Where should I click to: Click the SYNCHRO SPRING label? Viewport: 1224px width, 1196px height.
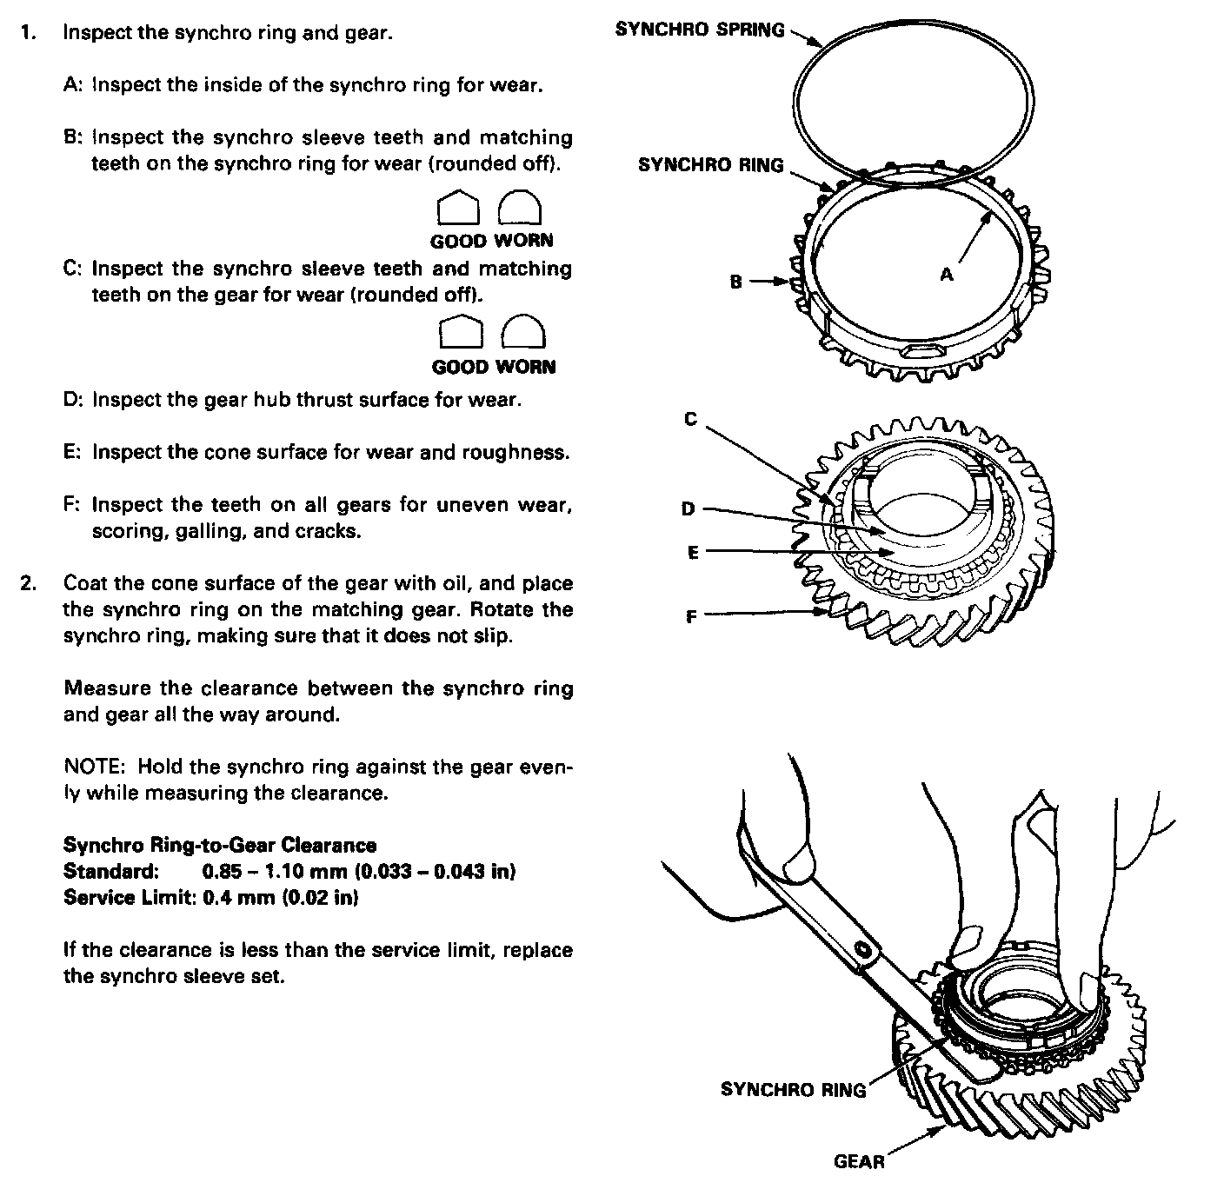click(x=699, y=29)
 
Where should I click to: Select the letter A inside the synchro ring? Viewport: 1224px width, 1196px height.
click(x=947, y=274)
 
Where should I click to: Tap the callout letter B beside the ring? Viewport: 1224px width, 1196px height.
click(x=736, y=282)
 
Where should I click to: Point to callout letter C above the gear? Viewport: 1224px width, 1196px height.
click(x=690, y=419)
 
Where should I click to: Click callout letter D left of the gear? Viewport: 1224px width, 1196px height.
click(x=688, y=508)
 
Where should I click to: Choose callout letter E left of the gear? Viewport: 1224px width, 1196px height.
click(x=693, y=552)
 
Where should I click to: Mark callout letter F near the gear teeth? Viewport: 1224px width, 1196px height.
click(x=691, y=617)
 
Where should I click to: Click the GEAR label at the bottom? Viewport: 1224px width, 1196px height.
click(x=858, y=1160)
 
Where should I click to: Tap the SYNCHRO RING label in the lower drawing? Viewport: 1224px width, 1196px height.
click(x=793, y=1089)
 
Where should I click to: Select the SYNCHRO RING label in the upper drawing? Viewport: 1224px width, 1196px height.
click(x=710, y=165)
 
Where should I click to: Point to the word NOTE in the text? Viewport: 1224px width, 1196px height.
click(x=96, y=767)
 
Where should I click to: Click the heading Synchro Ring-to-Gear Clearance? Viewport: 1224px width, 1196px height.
click(x=220, y=845)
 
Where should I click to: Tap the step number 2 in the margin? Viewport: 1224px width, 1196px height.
click(x=28, y=583)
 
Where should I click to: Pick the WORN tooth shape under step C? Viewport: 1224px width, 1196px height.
click(x=525, y=332)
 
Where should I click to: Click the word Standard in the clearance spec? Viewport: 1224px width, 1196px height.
click(x=110, y=871)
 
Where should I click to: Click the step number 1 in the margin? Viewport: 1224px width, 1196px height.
click(x=28, y=33)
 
